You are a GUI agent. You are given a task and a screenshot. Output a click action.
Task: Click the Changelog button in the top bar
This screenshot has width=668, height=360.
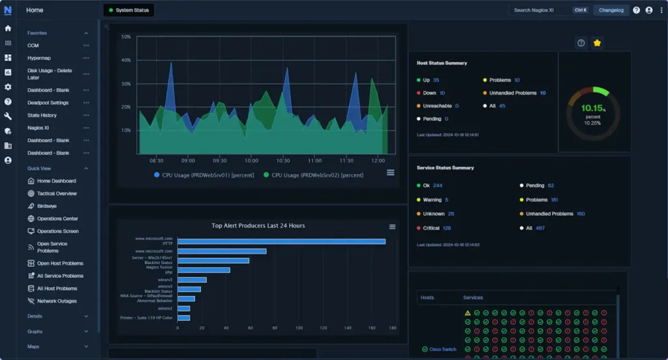tap(611, 10)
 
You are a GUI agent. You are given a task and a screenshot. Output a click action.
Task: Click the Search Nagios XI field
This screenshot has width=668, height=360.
tap(532, 10)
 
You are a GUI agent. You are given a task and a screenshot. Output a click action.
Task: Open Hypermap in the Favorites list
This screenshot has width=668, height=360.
tap(39, 58)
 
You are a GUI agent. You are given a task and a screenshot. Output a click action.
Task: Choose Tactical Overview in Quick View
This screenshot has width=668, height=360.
tap(57, 194)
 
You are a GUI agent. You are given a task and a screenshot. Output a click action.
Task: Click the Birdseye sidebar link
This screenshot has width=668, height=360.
tap(47, 206)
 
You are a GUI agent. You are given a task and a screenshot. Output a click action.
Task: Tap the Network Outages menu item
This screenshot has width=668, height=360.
tap(57, 301)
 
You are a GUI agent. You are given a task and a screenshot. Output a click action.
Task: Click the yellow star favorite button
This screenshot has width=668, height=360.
tap(597, 43)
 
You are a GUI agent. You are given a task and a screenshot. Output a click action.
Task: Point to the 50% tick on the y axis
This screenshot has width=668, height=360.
tap(126, 37)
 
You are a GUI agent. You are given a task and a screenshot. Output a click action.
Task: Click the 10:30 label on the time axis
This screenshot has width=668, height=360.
tap(283, 160)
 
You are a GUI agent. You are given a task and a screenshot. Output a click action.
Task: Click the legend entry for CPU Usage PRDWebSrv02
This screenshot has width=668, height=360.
tap(313, 175)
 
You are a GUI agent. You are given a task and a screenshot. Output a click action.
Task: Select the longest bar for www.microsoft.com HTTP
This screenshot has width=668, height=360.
tap(281, 241)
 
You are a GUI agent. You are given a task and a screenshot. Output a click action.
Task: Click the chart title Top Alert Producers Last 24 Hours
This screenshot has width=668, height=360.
tap(258, 226)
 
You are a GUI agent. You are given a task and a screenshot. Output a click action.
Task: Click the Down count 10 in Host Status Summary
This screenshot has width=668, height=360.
tap(442, 93)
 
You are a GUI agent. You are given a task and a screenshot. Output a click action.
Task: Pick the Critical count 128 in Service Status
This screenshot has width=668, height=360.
tap(447, 228)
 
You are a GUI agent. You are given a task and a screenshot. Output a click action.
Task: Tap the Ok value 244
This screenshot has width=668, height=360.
tap(437, 186)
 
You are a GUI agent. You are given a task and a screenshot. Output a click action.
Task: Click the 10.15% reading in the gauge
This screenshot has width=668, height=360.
tap(593, 108)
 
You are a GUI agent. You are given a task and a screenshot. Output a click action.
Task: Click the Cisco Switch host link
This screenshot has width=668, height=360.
tap(442, 350)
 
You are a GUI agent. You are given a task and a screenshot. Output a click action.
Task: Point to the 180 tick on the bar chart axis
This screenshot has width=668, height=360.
tap(392, 328)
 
